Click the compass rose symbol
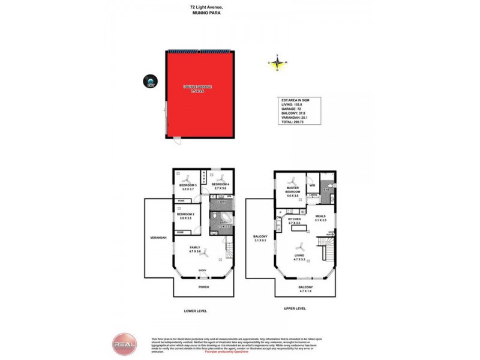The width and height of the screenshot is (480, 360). [x=277, y=62]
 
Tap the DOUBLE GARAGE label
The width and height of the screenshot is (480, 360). [x=197, y=88]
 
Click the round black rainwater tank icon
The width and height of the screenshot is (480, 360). [x=149, y=81]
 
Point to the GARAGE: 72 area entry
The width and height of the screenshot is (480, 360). [x=291, y=109]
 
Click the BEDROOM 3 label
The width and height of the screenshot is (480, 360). [x=187, y=186]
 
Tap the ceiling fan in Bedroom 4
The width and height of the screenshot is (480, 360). [x=220, y=178]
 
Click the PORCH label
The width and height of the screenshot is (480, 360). [x=204, y=287]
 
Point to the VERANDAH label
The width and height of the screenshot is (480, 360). [x=158, y=239]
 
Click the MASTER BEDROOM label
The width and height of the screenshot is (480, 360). [x=292, y=190]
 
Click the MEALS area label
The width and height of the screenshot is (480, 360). [x=320, y=217]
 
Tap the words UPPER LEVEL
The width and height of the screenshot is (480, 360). [x=295, y=308]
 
